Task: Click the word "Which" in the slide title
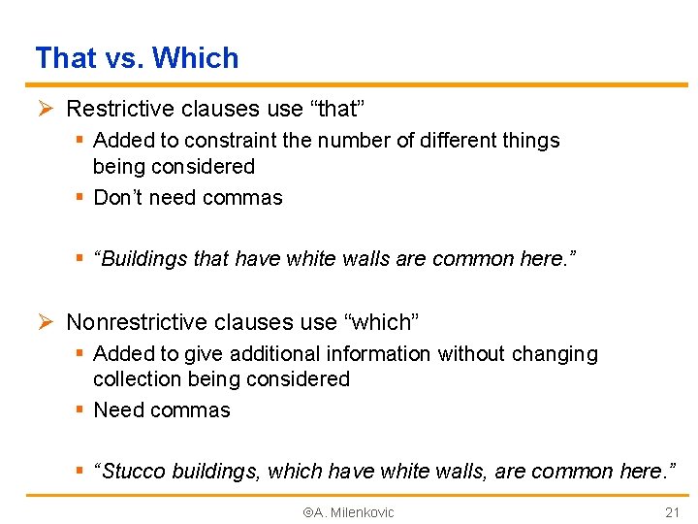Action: (x=196, y=58)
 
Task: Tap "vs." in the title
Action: (x=124, y=58)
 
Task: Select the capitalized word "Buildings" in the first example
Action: (x=142, y=259)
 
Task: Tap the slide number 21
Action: (x=673, y=512)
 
